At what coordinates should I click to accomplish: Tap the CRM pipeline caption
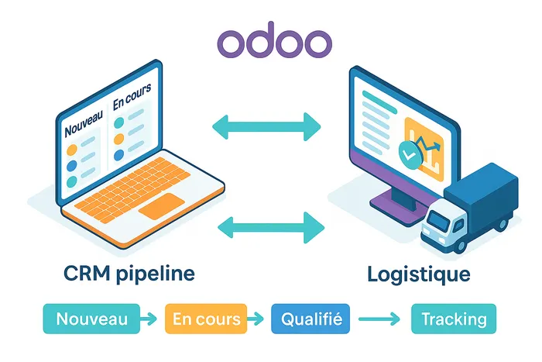click(130, 274)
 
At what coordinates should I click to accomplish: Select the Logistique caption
click(419, 274)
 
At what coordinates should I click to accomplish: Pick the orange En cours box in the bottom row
click(206, 318)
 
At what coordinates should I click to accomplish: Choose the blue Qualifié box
click(310, 318)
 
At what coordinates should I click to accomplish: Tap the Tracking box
click(454, 318)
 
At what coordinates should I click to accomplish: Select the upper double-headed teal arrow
click(266, 126)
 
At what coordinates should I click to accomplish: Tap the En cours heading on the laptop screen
click(131, 102)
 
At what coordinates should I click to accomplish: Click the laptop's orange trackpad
click(161, 205)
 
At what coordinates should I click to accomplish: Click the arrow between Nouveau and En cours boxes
click(152, 318)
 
